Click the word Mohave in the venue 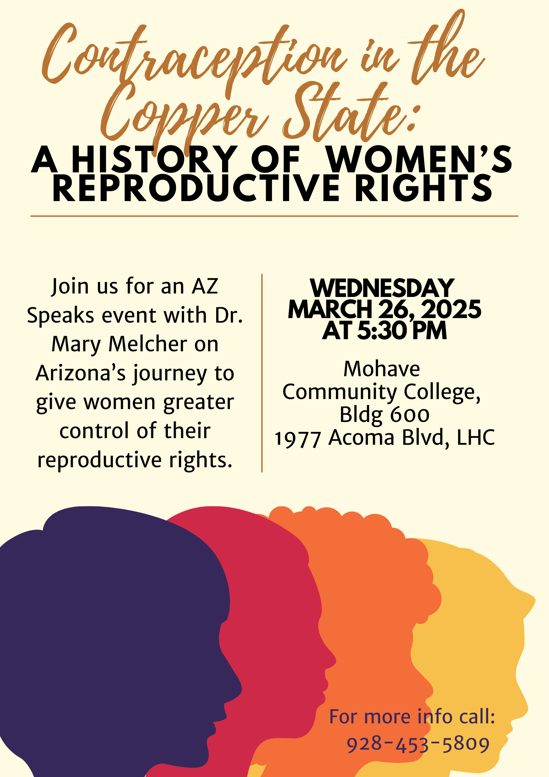(382, 369)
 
